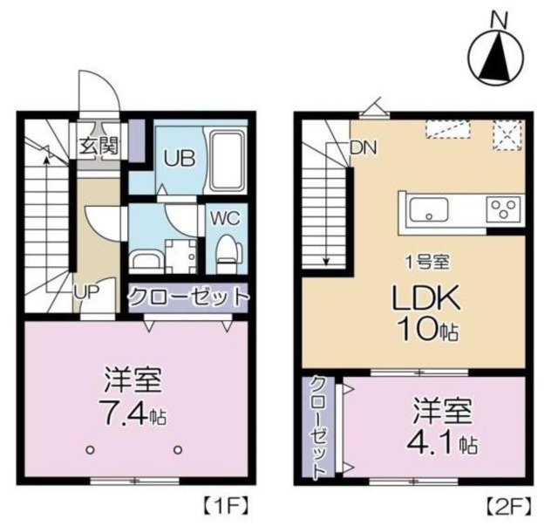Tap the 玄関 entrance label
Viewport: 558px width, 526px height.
coord(100,144)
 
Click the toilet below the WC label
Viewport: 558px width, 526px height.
coord(227,251)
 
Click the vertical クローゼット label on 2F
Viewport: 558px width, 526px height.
coord(320,427)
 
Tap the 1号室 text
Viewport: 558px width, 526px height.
coord(425,261)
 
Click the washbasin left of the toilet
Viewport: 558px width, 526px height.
coord(144,259)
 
